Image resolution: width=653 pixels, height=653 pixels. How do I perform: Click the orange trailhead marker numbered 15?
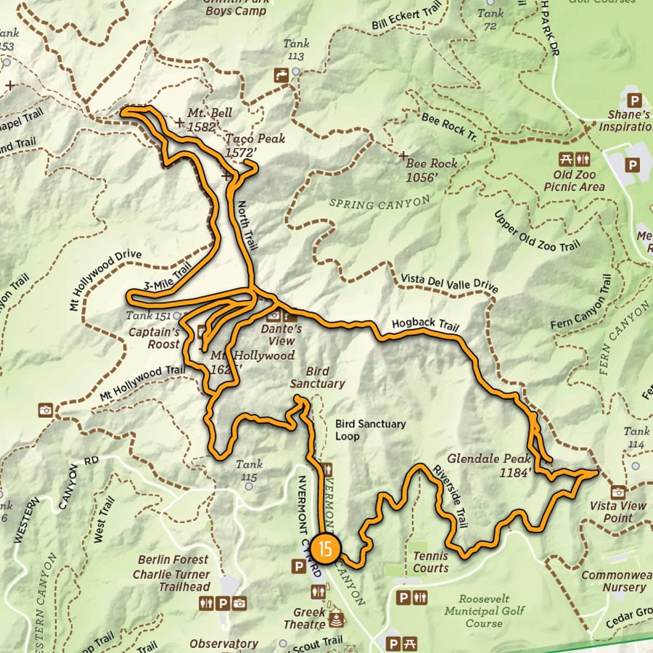tap(326, 546)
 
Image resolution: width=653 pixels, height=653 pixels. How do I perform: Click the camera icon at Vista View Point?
tap(618, 491)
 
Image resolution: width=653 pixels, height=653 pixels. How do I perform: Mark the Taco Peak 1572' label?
tap(255, 145)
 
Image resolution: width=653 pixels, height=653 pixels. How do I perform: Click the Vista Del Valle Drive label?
tap(449, 284)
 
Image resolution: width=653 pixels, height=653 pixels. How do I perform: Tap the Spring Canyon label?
tap(379, 204)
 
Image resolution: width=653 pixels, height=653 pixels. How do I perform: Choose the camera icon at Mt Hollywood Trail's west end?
tap(46, 411)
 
